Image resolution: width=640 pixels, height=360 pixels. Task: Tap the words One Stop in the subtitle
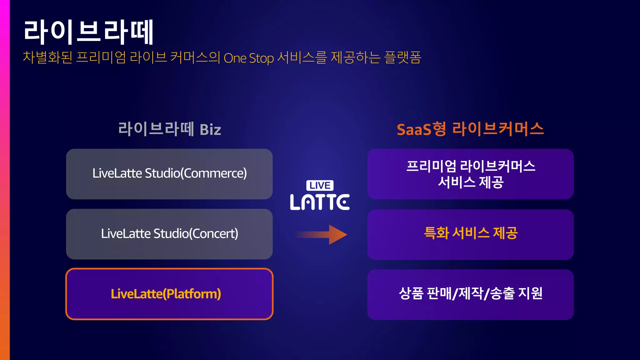tap(249, 58)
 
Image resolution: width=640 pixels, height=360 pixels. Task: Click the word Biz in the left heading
tap(210, 130)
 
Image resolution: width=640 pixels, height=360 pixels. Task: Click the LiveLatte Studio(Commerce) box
tap(169, 174)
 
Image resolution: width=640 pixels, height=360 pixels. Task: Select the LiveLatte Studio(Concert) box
tap(169, 234)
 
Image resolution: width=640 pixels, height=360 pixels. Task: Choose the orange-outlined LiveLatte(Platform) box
tap(169, 294)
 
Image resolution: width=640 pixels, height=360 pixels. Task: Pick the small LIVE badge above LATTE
tap(320, 185)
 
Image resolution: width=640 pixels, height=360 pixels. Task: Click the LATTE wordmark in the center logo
tap(320, 202)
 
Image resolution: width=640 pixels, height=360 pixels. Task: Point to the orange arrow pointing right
tap(322, 235)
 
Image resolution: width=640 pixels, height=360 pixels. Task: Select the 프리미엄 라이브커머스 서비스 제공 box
tap(470, 174)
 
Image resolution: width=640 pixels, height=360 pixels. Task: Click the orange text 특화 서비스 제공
tap(471, 233)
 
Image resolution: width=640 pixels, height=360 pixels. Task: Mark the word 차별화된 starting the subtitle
tap(47, 57)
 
